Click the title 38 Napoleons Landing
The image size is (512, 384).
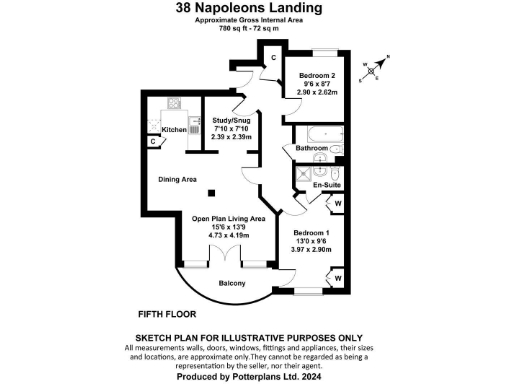coord(255,8)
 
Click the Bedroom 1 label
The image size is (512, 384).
coord(318,233)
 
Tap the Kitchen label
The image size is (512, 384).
coord(174,130)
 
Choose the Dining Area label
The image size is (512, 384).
coord(177,180)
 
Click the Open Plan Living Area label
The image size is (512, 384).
coord(229,218)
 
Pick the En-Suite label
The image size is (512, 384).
coord(326,186)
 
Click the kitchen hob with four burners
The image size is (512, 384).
coord(175,104)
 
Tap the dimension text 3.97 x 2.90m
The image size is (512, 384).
coord(318,251)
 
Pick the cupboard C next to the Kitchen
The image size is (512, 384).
coord(152,142)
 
